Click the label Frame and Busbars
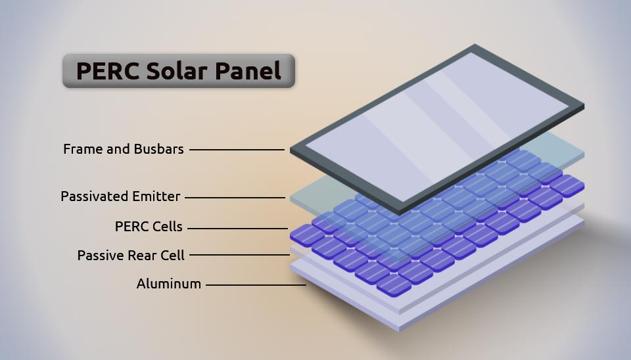point(124,149)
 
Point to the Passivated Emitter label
point(120,196)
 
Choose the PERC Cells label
point(149,227)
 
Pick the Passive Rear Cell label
point(131,255)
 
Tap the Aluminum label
point(169,284)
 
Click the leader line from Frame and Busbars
point(237,150)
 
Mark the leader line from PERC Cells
point(238,228)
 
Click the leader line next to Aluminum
point(256,285)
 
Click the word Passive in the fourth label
point(98,255)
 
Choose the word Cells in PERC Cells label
point(167,227)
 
